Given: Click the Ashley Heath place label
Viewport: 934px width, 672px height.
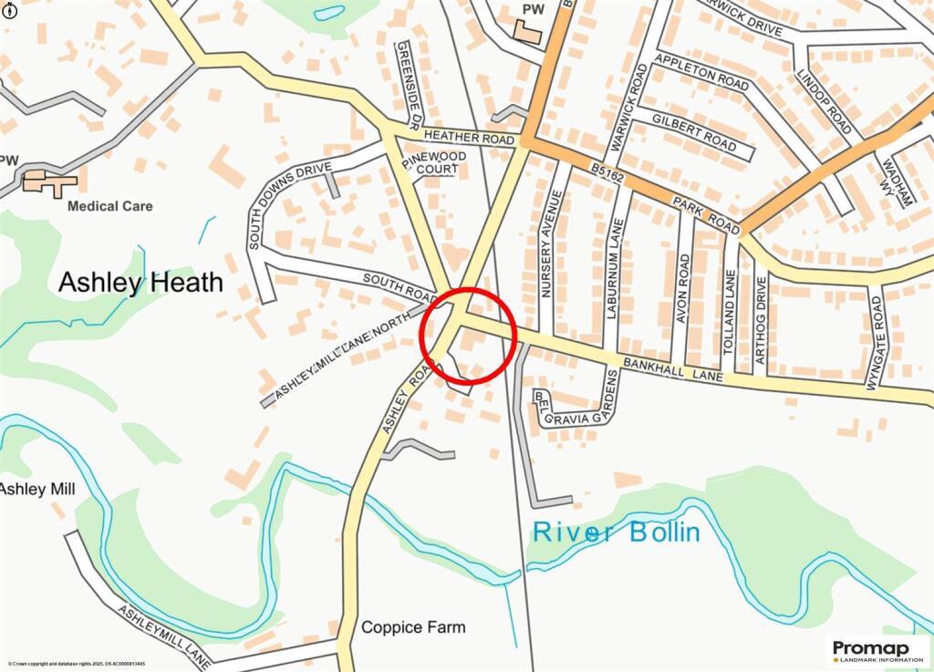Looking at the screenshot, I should [140, 283].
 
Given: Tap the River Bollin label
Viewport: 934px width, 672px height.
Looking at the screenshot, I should [617, 532].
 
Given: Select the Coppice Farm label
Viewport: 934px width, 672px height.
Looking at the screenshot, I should [413, 627].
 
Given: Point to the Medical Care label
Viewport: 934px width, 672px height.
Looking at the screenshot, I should [110, 206].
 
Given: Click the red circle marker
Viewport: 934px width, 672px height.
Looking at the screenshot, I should [469, 334].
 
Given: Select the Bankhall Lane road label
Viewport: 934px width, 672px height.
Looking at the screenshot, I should [673, 368].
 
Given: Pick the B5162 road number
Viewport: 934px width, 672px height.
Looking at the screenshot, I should [607, 172].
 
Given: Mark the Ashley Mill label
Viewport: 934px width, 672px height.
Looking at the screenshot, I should [36, 490].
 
